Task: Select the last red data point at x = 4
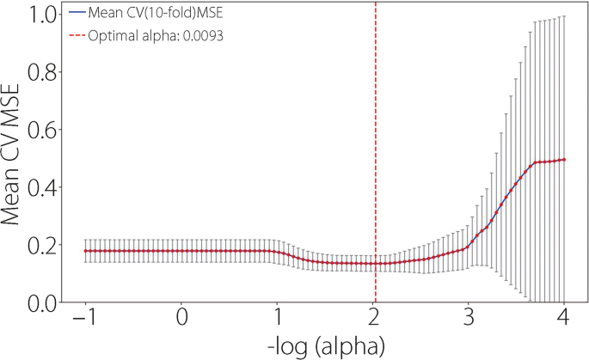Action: tap(563, 160)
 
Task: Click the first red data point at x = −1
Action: tap(86, 251)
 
